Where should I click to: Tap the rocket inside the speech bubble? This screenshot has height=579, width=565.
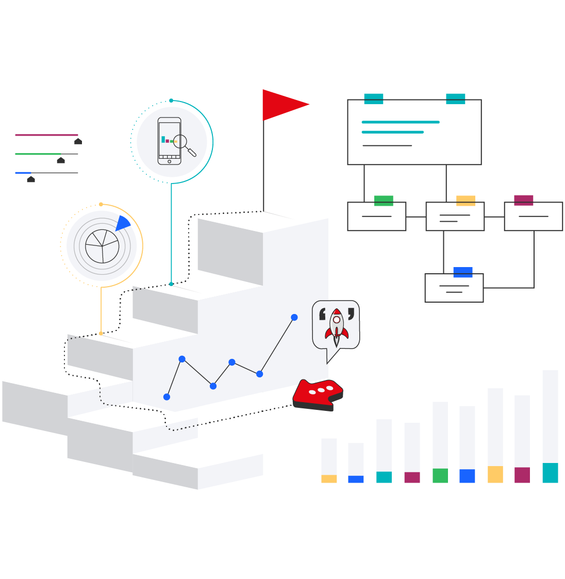[x=336, y=326]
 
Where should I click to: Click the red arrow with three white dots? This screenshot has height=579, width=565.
[x=319, y=394]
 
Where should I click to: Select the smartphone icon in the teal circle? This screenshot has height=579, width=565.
[x=169, y=140]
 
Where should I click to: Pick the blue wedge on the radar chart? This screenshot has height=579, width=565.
[x=123, y=224]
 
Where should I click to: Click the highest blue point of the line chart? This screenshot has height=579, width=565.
[x=294, y=317]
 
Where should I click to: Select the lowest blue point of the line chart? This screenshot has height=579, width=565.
[x=167, y=396]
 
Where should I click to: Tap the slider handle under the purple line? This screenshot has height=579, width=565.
[x=78, y=141]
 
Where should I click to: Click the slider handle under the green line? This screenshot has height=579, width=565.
[x=61, y=160]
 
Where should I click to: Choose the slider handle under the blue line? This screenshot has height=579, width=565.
[x=31, y=179]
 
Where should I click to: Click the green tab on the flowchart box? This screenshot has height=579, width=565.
[x=384, y=201]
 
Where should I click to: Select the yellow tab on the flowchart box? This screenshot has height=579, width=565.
[x=466, y=201]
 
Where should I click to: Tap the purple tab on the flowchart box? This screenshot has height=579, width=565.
[x=524, y=200]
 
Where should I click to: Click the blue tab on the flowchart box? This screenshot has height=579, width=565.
[x=463, y=272]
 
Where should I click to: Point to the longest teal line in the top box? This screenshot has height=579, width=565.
[x=401, y=122]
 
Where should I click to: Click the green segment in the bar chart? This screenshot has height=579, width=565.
[x=440, y=475]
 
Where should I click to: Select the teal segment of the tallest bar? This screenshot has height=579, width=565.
[x=550, y=473]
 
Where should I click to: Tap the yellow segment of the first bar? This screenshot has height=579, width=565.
[x=329, y=479]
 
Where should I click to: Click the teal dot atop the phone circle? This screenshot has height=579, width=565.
[x=171, y=101]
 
